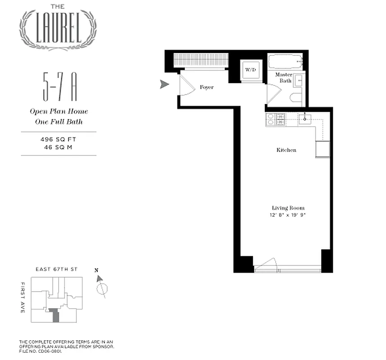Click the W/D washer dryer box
point(250,70)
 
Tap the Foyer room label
point(207,87)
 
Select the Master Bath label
point(284,77)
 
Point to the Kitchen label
point(286,150)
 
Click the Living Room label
point(288,208)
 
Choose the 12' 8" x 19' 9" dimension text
point(288,215)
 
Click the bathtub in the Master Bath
point(285,61)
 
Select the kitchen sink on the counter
point(305,119)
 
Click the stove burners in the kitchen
point(276,119)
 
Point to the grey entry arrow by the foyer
point(165,84)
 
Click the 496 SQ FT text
point(59,139)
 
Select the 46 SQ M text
point(59,147)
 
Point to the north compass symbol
point(101,288)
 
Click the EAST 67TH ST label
point(57,269)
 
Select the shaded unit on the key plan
point(55,315)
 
